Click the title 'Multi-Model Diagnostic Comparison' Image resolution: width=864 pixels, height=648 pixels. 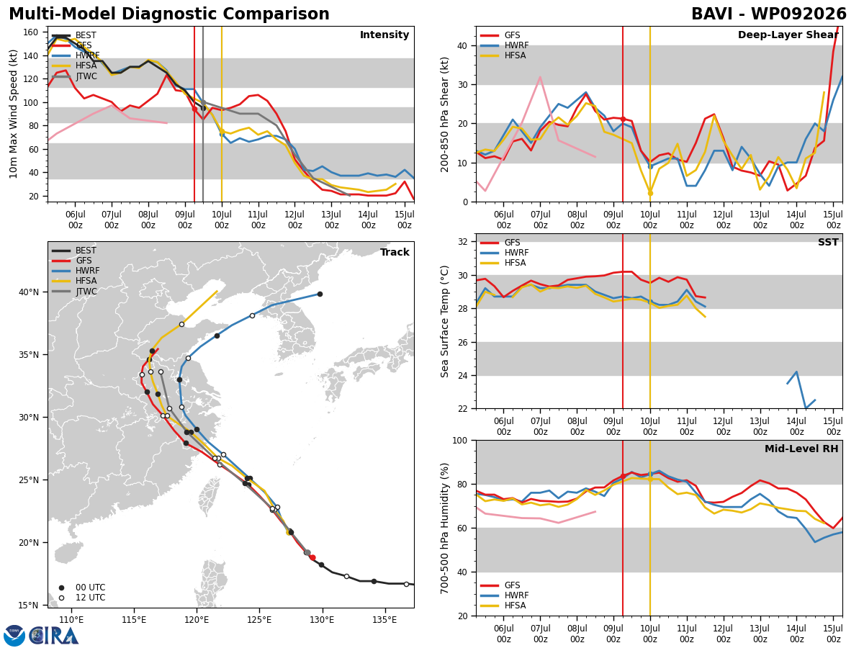coord(169,14)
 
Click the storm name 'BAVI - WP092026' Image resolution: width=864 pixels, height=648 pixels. coord(769,14)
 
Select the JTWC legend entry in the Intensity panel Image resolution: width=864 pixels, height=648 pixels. coord(74,76)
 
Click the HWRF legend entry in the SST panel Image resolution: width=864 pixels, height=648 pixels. coord(505,253)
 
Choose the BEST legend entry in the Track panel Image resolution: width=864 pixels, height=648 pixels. coord(74,251)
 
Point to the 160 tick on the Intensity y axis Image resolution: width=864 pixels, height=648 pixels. coord(31,32)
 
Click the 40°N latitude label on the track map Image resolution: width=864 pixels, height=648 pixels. coord(29,292)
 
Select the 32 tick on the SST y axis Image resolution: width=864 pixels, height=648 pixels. coord(462,242)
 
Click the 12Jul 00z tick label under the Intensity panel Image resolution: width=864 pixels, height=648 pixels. coord(294,220)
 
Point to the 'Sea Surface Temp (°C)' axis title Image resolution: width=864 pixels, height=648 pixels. coord(444,321)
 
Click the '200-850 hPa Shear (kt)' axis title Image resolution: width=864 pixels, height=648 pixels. coord(444,114)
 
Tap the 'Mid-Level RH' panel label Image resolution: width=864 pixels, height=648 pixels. coord(801,449)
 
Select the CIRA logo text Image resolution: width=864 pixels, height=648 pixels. coord(54,636)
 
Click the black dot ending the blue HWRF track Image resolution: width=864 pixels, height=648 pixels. coord(320,294)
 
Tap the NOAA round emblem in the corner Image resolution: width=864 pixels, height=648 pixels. coord(14,636)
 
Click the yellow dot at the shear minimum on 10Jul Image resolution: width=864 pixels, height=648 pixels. coord(650,193)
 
